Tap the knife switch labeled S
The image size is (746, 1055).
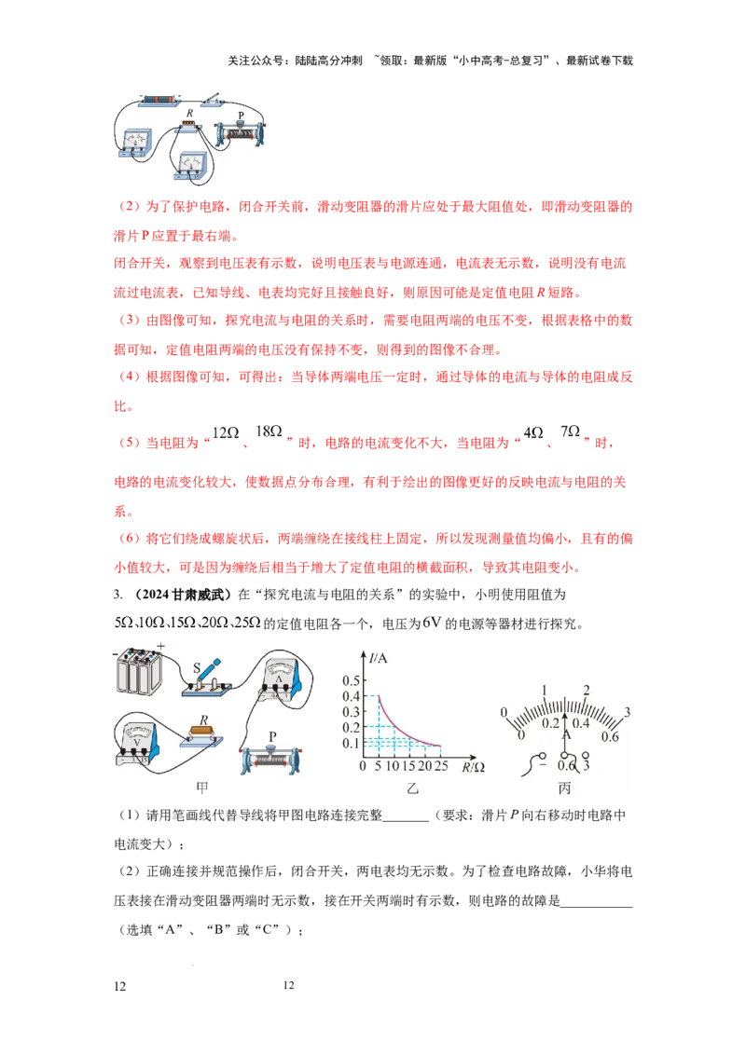click(207, 678)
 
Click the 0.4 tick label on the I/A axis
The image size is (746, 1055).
click(351, 696)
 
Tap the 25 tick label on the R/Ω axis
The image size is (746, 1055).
click(441, 766)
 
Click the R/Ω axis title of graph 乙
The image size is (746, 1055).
click(474, 767)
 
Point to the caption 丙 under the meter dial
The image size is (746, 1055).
click(564, 788)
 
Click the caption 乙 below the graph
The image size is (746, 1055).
click(412, 788)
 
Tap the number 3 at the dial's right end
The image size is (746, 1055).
click(627, 712)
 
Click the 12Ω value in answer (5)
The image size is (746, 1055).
click(226, 432)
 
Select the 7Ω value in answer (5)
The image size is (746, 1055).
click(571, 431)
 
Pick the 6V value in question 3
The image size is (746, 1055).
click(432, 623)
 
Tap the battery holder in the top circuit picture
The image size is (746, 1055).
click(158, 101)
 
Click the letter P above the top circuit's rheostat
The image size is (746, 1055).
click(241, 116)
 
